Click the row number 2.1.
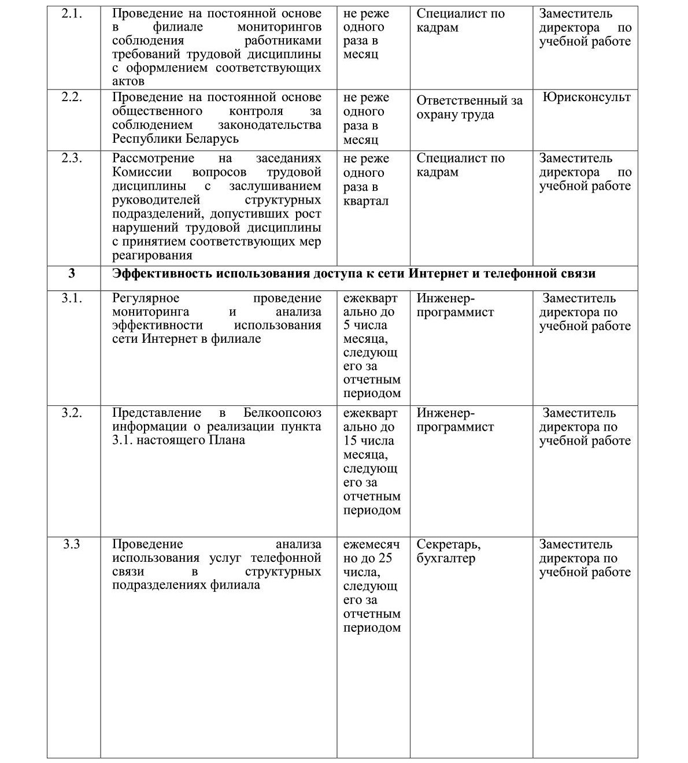(72, 14)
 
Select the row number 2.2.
(72, 97)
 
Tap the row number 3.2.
(72, 413)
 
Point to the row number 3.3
(71, 545)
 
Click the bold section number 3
(72, 273)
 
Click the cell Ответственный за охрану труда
(469, 108)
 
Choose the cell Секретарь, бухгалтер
(449, 551)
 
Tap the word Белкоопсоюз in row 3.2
(282, 413)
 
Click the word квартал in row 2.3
(365, 201)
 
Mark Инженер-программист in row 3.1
(455, 305)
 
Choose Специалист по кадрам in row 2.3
(460, 165)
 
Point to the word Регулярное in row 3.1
(146, 298)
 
